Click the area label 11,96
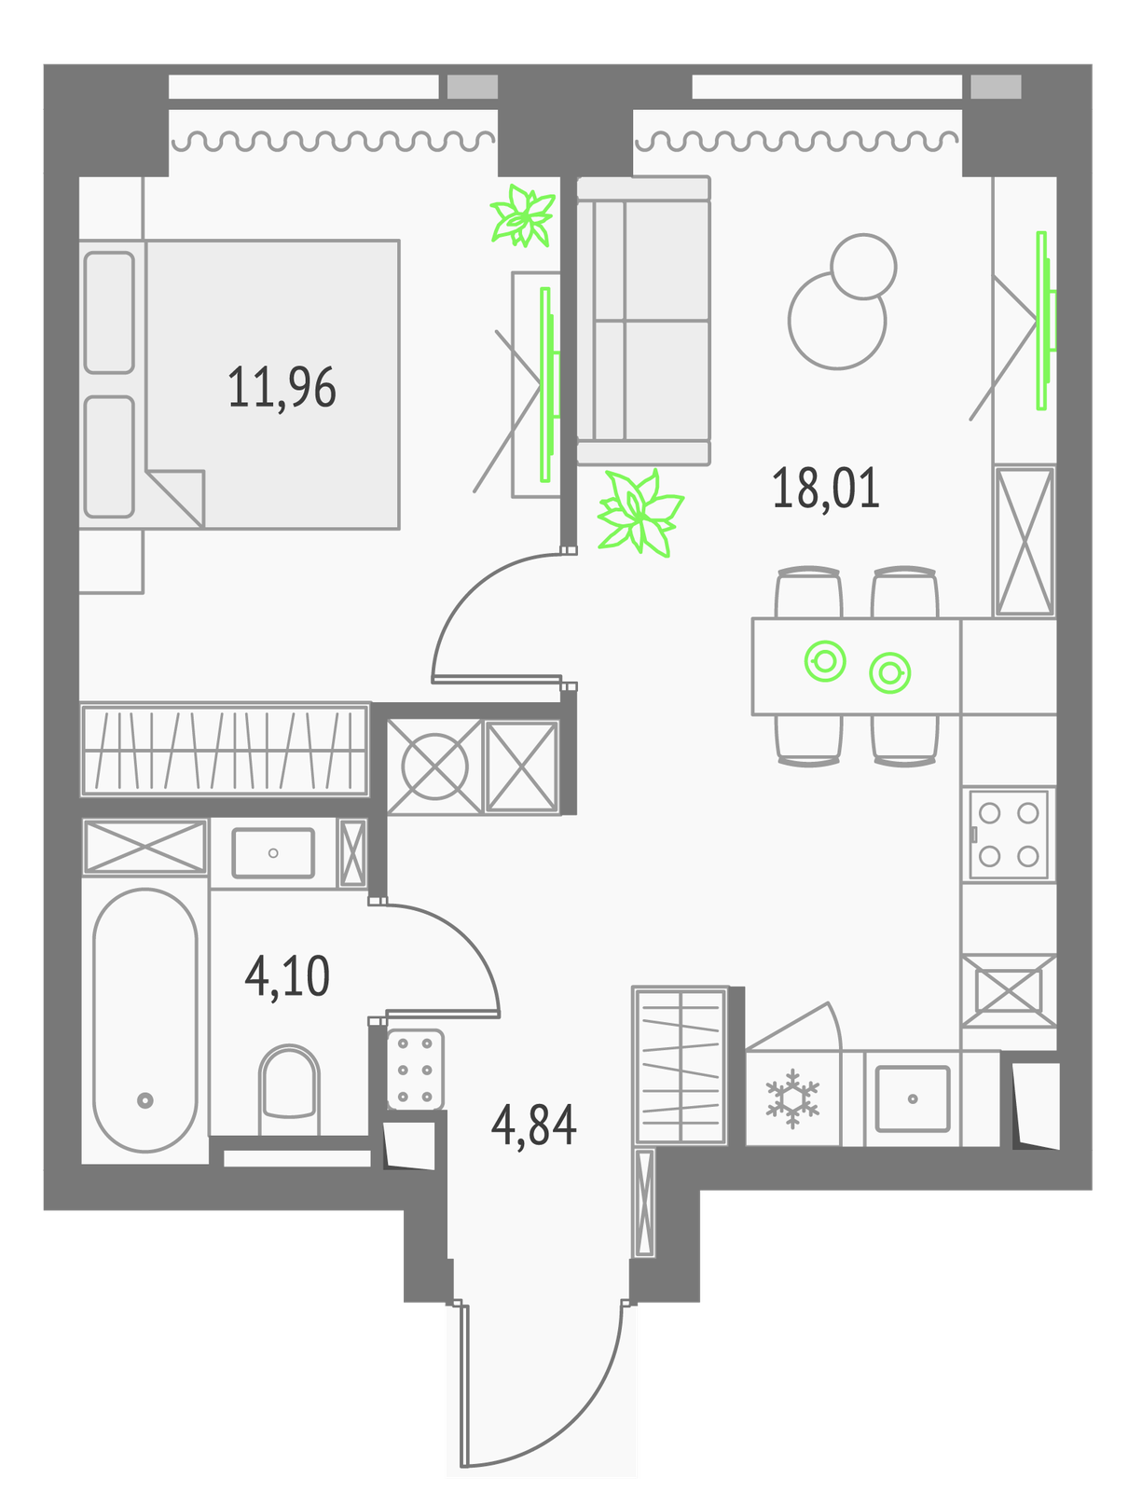[282, 387]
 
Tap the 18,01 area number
[826, 488]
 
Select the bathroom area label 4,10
[287, 976]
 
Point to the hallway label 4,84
[533, 1125]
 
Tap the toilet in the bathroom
[289, 1091]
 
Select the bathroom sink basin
[273, 853]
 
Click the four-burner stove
[1009, 834]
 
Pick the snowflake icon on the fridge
[792, 1099]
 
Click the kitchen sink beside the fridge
[912, 1098]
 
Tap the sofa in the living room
[643, 320]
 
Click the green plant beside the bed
[523, 215]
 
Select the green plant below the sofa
[640, 513]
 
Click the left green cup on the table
[825, 661]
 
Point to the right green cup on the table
[889, 673]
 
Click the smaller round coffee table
[863, 267]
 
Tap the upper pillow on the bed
[109, 312]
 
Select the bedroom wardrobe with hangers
[225, 750]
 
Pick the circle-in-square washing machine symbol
[435, 767]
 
